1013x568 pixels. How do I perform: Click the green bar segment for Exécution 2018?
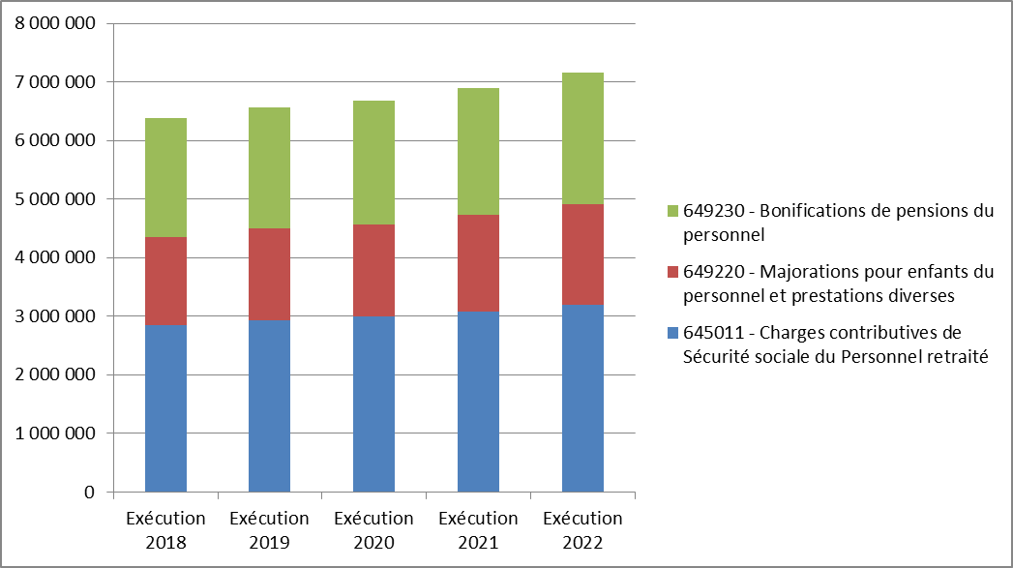pos(165,177)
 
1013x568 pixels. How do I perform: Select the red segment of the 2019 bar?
pos(270,274)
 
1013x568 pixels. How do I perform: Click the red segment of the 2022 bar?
pos(582,254)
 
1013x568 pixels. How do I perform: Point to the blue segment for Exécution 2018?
pos(165,407)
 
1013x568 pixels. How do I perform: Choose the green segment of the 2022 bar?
pos(582,138)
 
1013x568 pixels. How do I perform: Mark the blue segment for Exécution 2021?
pos(478,401)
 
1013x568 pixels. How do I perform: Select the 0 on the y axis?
pos(88,493)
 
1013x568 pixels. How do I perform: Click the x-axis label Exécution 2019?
pos(270,530)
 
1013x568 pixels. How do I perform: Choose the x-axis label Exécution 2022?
pos(582,530)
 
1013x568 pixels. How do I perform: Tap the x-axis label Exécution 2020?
pos(373,530)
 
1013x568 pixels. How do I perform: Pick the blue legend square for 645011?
pos(670,333)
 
